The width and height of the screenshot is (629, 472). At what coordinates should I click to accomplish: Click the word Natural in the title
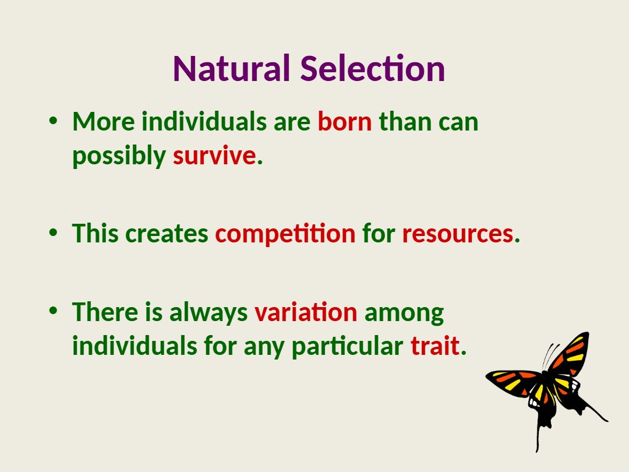click(x=231, y=69)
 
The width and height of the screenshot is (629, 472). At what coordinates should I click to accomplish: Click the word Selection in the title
click(x=373, y=69)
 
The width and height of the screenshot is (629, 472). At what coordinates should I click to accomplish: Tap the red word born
click(x=345, y=121)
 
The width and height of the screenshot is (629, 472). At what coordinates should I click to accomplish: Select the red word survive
click(x=214, y=156)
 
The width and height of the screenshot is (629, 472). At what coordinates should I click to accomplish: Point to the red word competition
click(x=285, y=234)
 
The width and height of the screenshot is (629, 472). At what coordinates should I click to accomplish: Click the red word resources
click(x=458, y=234)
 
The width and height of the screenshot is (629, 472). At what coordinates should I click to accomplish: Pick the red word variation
click(x=306, y=312)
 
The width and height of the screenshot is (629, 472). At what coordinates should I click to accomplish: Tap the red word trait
click(x=435, y=346)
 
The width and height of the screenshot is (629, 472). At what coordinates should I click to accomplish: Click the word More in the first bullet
click(x=104, y=121)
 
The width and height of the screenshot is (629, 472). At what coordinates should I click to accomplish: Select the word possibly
click(x=119, y=156)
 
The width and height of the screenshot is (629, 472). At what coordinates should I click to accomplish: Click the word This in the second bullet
click(x=96, y=233)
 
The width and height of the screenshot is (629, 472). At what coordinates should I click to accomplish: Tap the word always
click(x=209, y=313)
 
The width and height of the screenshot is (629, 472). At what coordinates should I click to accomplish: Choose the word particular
click(x=347, y=346)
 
